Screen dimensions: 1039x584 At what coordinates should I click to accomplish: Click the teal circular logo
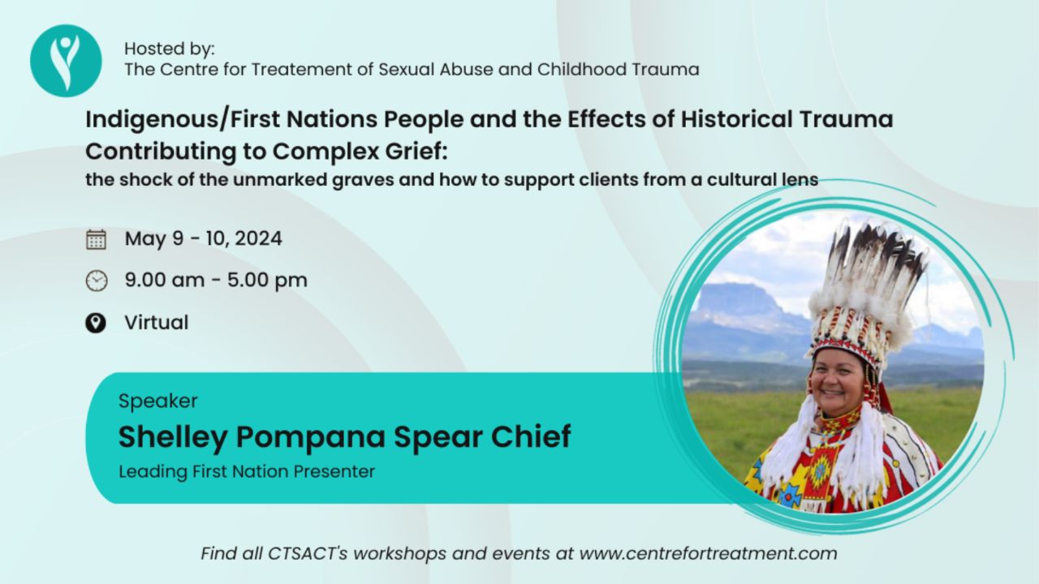[x=66, y=61]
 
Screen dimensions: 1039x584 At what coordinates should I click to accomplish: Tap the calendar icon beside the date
[x=96, y=239]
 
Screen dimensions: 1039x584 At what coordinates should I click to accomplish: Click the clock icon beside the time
[x=97, y=281]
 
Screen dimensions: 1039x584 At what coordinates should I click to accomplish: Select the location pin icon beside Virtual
[x=96, y=323]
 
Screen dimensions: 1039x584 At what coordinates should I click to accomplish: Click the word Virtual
[x=157, y=323]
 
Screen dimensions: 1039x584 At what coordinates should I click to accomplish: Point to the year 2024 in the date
[x=258, y=238]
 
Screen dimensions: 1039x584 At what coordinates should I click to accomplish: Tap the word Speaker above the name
[x=158, y=401]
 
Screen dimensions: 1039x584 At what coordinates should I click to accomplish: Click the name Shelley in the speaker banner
[x=173, y=437]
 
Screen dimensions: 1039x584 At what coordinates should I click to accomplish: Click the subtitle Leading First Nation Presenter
[x=247, y=472]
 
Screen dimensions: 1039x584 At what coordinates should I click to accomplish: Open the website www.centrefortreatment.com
[x=709, y=553]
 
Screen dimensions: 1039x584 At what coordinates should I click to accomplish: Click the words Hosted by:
[x=170, y=49]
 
